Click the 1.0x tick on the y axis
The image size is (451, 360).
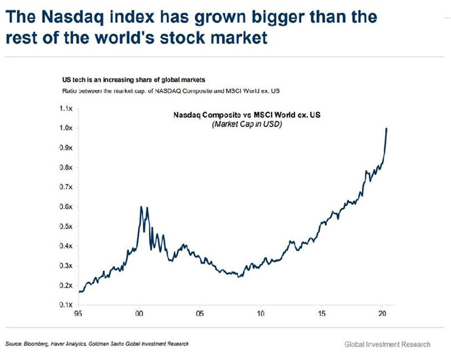click(67, 128)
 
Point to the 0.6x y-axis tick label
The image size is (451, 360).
click(67, 207)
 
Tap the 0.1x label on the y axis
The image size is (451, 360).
click(67, 305)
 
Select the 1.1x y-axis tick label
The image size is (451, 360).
click(67, 108)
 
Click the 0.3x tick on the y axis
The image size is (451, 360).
click(67, 266)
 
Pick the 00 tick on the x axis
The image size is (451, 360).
click(139, 311)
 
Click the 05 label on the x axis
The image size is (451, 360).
click(200, 311)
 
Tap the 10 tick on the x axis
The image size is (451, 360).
click(261, 311)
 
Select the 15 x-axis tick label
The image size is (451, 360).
click(321, 311)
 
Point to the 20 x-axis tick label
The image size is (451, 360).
click(382, 311)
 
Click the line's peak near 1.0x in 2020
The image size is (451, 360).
click(387, 129)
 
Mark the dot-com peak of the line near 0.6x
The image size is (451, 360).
click(141, 207)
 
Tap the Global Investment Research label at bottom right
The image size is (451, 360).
click(388, 344)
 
